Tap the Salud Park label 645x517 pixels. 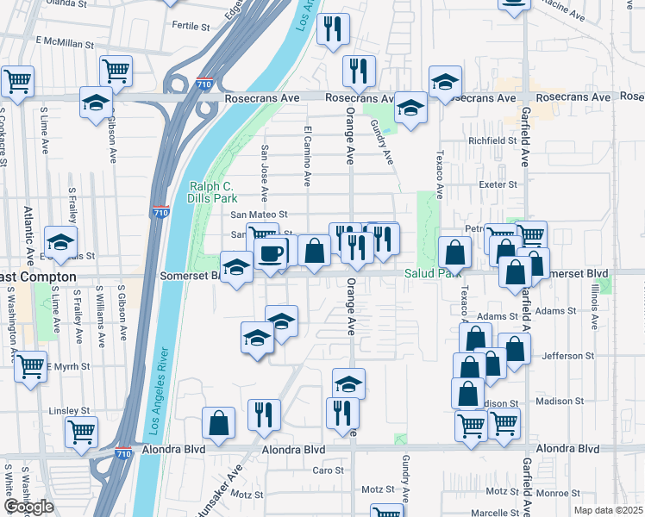point(432,273)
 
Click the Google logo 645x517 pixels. point(28,507)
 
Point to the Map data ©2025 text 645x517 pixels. point(609,510)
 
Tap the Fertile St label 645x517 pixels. point(191,26)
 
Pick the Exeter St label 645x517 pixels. point(498,184)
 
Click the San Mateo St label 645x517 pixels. point(258,215)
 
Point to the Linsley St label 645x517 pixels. point(69,410)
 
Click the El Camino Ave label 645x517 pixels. point(307,156)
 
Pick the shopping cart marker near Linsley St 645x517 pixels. point(82,430)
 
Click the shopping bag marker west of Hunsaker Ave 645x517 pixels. point(219,423)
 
